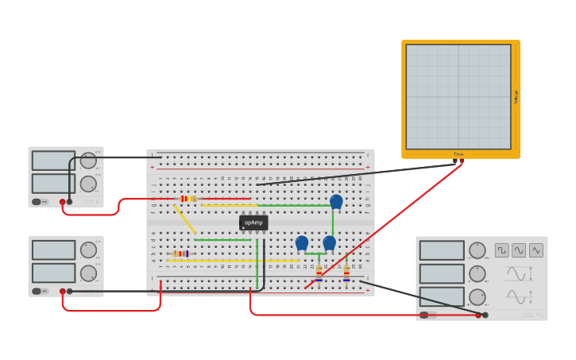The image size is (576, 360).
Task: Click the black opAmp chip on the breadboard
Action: click(x=253, y=223)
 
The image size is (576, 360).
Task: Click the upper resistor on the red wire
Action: click(x=187, y=199)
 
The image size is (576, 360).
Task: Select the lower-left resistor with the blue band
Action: click(x=181, y=254)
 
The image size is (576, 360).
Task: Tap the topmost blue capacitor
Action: click(x=336, y=202)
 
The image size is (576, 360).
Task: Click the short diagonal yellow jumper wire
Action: click(x=184, y=219)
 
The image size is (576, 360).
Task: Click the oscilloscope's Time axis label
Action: click(x=458, y=154)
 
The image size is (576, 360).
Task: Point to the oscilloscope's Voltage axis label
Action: click(x=516, y=97)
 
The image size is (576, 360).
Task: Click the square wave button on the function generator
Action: click(x=502, y=250)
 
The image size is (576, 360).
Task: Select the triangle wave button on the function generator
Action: click(x=536, y=250)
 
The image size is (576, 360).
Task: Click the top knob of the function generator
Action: click(x=477, y=250)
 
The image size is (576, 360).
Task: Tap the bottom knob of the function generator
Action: click(x=477, y=297)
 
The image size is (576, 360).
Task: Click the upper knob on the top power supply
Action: click(x=88, y=161)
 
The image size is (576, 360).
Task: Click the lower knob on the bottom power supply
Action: click(x=88, y=273)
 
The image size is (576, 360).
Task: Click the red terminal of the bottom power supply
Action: click(x=62, y=292)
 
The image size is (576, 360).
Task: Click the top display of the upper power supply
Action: click(x=53, y=161)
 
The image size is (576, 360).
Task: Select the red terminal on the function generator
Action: click(x=478, y=315)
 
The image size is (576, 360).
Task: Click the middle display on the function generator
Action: click(x=442, y=273)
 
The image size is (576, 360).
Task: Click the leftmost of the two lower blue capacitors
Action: click(x=302, y=243)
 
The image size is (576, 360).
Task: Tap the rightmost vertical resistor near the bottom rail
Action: click(x=346, y=273)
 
